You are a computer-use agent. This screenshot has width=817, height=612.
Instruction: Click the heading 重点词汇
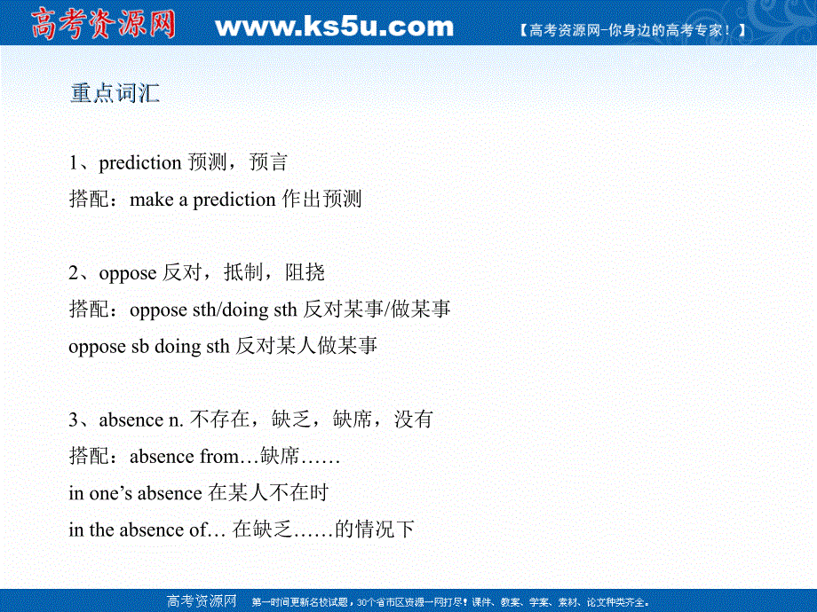[x=115, y=93]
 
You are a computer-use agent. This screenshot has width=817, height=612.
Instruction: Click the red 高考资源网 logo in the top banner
[x=103, y=24]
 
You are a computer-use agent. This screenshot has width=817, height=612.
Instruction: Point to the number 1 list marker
[x=74, y=163]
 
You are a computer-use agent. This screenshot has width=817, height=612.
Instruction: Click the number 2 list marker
[x=74, y=272]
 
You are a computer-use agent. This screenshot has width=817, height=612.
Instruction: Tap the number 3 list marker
[x=74, y=420]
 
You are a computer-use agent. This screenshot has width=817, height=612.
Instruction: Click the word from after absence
[x=218, y=457]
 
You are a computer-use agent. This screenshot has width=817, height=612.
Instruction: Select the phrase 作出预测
[x=322, y=199]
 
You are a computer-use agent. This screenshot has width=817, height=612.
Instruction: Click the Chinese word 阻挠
[x=305, y=272]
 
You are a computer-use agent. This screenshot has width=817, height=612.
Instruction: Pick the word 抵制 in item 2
[x=243, y=272]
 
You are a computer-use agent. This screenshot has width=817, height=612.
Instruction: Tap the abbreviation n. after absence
[x=176, y=420]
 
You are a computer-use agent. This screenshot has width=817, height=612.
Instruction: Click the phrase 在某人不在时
[x=268, y=492]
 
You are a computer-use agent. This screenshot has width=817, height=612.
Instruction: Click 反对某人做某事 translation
[x=306, y=346]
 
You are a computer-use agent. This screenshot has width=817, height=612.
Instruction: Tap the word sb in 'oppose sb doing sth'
[x=140, y=347]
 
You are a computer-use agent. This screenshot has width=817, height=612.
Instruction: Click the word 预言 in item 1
[x=268, y=162]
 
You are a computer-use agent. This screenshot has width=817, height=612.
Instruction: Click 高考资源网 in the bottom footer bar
[x=202, y=601]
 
